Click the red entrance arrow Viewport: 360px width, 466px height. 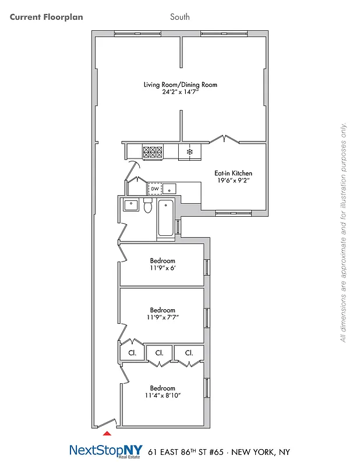[106, 433]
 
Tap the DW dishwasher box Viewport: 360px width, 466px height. [154, 189]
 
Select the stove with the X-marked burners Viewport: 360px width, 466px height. [152, 152]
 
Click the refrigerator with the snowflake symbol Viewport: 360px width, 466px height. [189, 152]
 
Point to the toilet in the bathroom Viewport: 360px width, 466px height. [148, 206]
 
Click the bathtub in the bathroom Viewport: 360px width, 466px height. [165, 218]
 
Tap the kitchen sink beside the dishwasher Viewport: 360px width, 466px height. [170, 189]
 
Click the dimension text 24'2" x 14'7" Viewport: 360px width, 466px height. [180, 93]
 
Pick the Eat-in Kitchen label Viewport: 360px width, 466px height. [233, 173]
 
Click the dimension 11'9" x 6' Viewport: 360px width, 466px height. [163, 269]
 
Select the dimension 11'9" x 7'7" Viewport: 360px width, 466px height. [163, 318]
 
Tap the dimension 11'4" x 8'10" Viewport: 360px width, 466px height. [163, 396]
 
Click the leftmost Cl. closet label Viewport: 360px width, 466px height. [132, 353]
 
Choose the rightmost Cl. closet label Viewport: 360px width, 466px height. [189, 353]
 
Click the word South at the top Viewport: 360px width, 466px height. [180, 17]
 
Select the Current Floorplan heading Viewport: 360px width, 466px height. [47, 17]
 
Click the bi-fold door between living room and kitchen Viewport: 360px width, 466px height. [224, 140]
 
